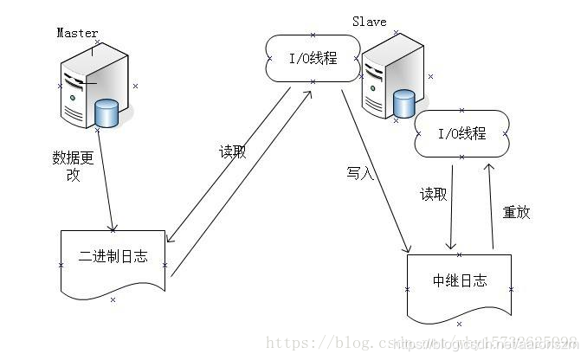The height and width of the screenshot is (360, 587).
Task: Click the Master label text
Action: click(77, 33)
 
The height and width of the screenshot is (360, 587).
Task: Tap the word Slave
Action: click(370, 20)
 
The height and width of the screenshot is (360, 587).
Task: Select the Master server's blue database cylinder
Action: click(106, 112)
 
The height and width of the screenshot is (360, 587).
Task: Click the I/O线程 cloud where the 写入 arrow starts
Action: click(312, 59)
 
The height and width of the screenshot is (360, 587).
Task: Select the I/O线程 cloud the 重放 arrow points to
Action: click(461, 133)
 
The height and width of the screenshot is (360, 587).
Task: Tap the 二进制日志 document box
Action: click(113, 256)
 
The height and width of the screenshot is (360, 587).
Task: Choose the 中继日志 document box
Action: click(459, 281)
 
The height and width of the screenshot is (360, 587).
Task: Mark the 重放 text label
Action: click(516, 212)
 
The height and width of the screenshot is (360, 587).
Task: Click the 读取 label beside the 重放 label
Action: click(434, 195)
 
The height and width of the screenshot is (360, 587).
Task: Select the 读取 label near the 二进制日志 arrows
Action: click(232, 151)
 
